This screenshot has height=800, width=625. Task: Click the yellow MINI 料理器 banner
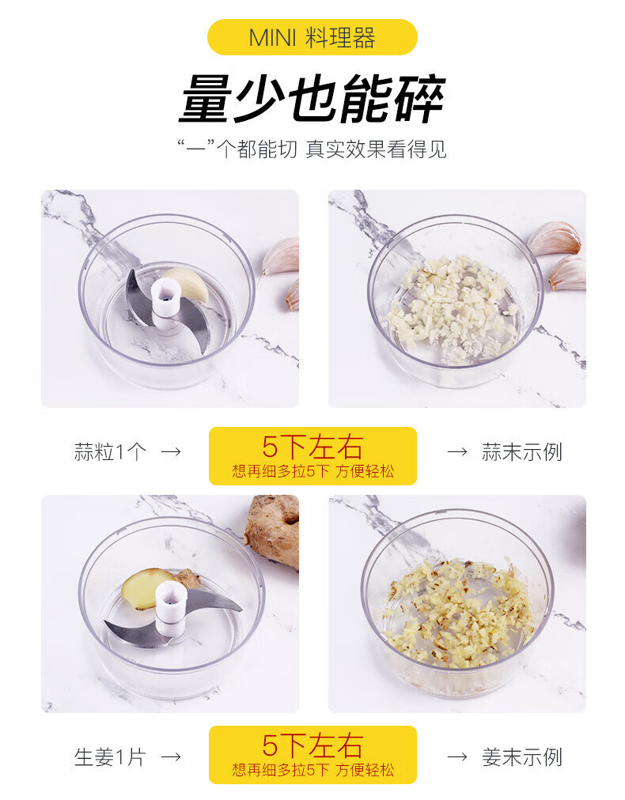point(312,37)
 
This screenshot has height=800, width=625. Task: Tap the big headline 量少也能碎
point(312,100)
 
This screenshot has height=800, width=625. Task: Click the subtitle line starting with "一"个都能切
point(312,149)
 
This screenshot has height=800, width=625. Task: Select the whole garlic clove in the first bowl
point(187,283)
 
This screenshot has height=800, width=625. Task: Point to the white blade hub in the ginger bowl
point(171,609)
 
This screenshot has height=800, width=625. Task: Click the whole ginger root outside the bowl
point(272,530)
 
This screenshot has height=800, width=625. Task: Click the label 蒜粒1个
point(110,452)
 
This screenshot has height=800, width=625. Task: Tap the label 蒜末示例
point(522,452)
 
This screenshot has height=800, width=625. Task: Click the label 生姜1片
point(110,757)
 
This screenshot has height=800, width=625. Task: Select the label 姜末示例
point(522,757)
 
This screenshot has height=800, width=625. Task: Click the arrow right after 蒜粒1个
point(171,451)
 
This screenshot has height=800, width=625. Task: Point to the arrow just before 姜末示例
point(457,757)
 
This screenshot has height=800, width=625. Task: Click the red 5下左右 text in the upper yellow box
point(312,447)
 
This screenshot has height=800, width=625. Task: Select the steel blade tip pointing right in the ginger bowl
point(240,609)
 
